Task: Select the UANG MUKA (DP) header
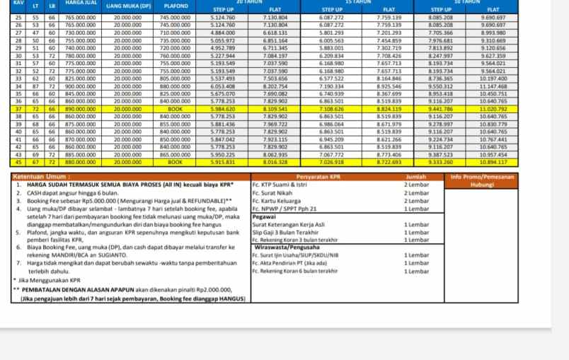pyautogui.click(x=128, y=6)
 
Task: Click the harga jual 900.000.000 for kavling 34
pyautogui.click(x=81, y=86)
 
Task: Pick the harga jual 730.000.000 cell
pyautogui.click(x=81, y=33)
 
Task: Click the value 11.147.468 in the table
pyautogui.click(x=493, y=86)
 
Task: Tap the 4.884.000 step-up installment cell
pyautogui.click(x=223, y=33)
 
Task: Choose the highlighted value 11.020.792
pyautogui.click(x=493, y=109)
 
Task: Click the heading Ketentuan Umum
pyautogui.click(x=42, y=176)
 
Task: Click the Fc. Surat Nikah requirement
pyautogui.click(x=272, y=192)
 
